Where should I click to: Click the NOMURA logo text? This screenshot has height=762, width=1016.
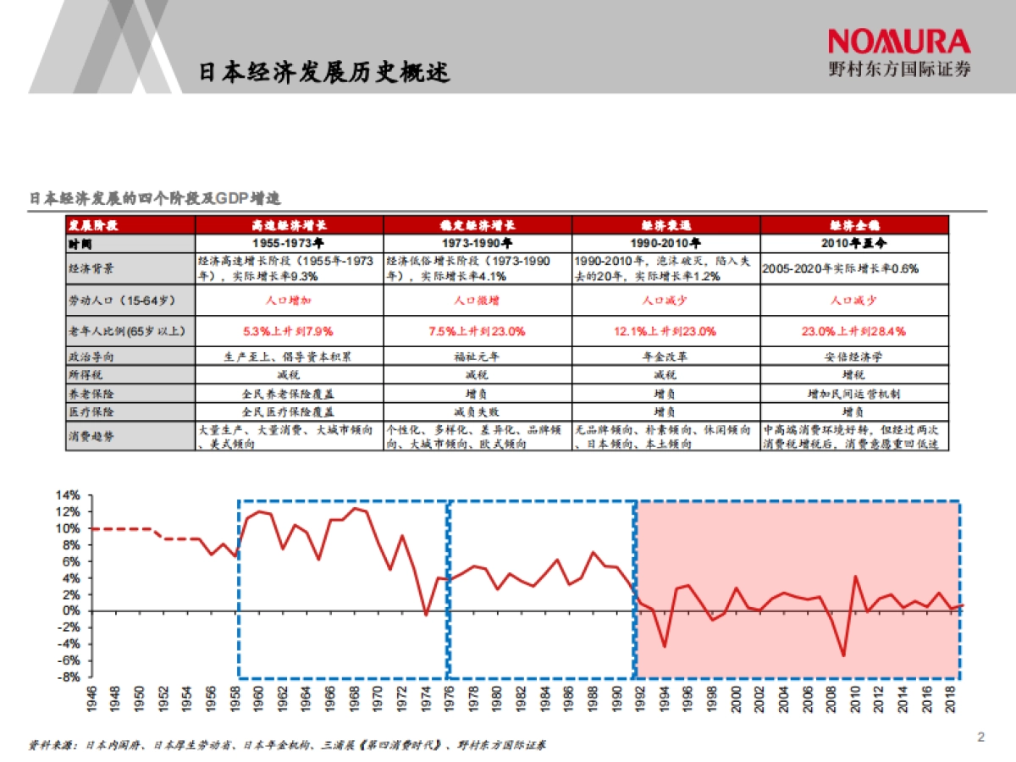tap(899, 41)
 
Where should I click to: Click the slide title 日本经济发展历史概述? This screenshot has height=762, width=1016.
tap(324, 72)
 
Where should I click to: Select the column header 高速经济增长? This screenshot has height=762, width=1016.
tap(289, 225)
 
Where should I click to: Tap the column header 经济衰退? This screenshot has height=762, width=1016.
tap(665, 225)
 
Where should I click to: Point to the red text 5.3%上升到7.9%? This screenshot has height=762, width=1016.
tap(289, 330)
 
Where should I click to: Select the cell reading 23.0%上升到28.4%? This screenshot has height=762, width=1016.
tap(853, 330)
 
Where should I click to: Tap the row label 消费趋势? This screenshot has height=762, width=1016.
tap(91, 437)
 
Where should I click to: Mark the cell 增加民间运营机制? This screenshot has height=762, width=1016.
tap(853, 394)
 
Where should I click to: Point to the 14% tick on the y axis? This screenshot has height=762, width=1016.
tap(68, 495)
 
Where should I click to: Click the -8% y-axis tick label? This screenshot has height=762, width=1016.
tap(68, 676)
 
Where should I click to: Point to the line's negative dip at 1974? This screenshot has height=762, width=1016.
tap(426, 615)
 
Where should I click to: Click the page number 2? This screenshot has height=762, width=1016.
tap(981, 737)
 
